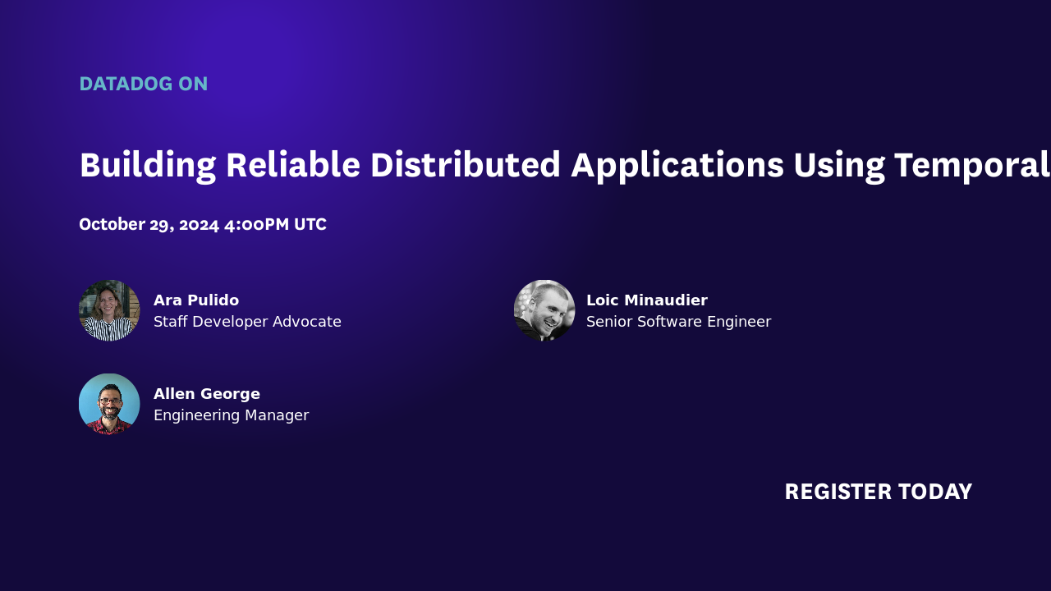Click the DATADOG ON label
[x=143, y=84]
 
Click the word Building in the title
[x=148, y=165]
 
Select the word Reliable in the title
[x=292, y=165]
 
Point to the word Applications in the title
[x=677, y=165]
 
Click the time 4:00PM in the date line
[x=258, y=224]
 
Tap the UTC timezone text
[x=310, y=224]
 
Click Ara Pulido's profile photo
[x=109, y=310]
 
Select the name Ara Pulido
[x=196, y=300]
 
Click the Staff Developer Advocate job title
[x=247, y=322]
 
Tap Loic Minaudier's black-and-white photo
[x=544, y=310]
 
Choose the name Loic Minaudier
[x=647, y=300]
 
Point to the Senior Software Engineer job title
[x=678, y=322]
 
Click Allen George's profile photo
[x=109, y=404]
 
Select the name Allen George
[x=207, y=394]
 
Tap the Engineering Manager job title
[x=231, y=415]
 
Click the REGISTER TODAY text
[x=878, y=492]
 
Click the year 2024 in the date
[x=199, y=224]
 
